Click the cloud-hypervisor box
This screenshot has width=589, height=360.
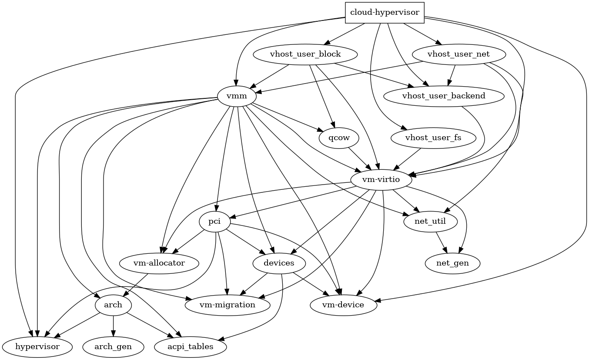[385, 13]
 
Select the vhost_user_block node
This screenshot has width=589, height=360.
[305, 54]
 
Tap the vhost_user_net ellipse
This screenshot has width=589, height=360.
[458, 54]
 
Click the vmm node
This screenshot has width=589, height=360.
[237, 96]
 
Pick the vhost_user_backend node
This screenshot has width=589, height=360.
[444, 96]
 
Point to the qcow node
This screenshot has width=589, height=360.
[339, 138]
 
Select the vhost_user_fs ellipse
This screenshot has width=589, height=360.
[432, 138]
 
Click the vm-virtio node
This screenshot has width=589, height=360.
[381, 180]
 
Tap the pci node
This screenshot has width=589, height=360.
[214, 222]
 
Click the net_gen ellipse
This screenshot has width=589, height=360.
[452, 263]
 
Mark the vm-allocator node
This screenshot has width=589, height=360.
[159, 263]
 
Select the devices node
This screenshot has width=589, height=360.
[279, 263]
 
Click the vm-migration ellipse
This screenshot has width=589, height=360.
[227, 305]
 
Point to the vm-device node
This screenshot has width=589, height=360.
[343, 305]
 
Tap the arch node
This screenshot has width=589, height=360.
[113, 305]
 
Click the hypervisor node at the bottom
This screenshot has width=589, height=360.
[37, 347]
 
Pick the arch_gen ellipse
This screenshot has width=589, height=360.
[113, 347]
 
